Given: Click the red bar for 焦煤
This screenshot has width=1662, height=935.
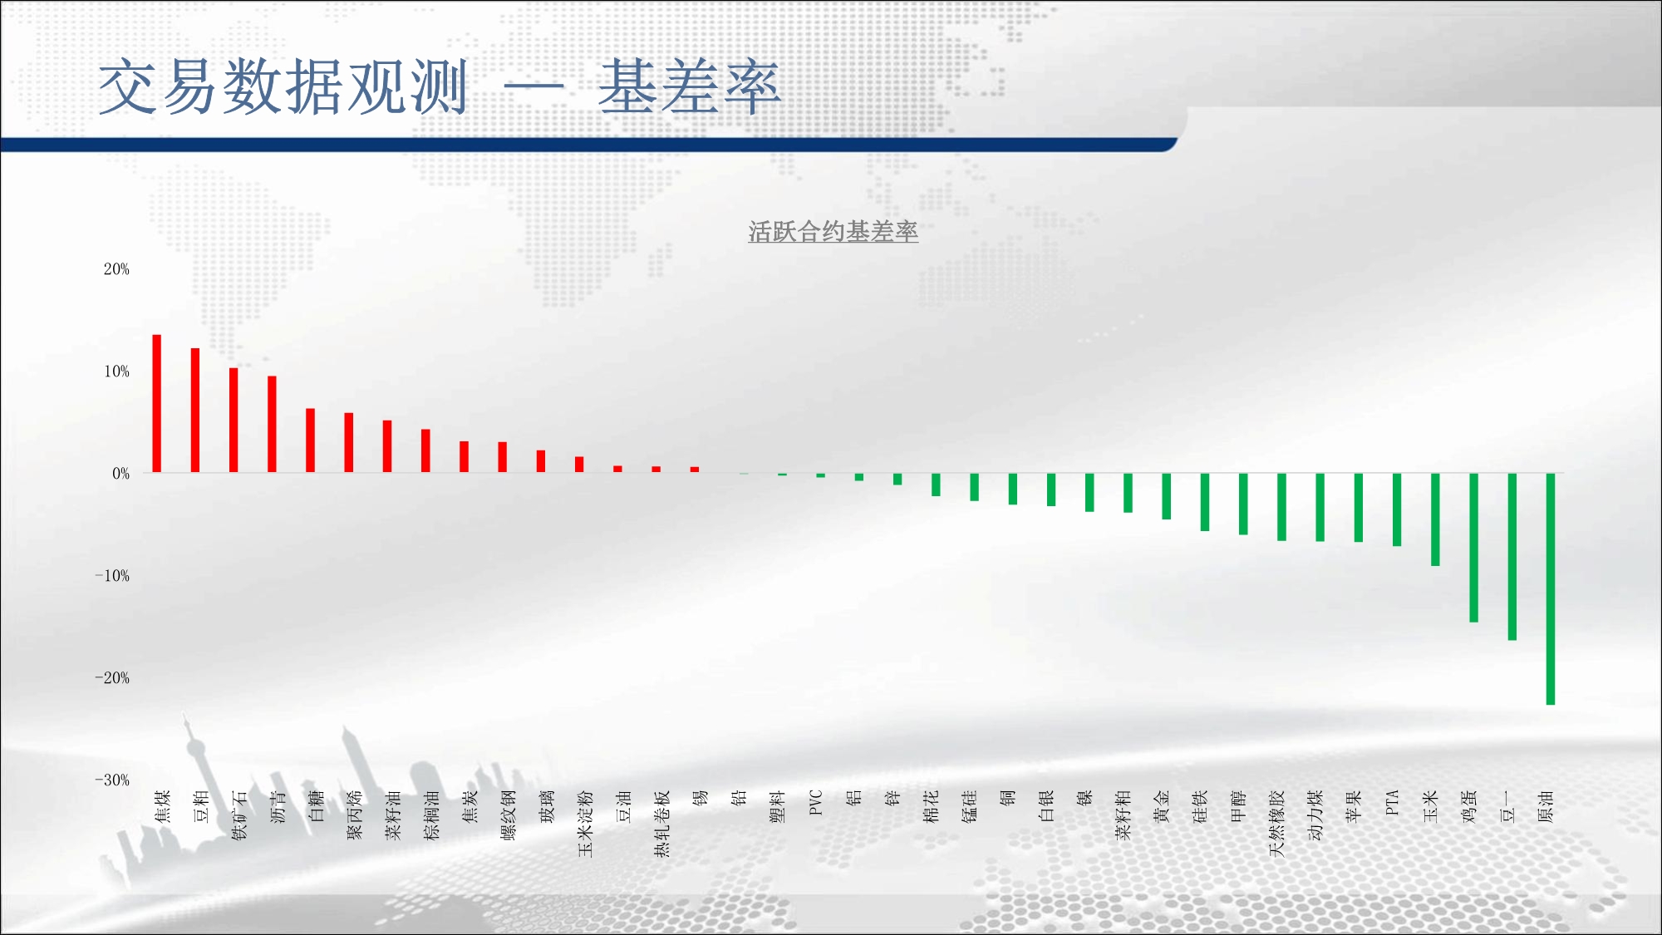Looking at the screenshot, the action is coord(156,404).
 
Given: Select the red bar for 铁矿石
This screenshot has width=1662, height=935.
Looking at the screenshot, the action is coord(234,421).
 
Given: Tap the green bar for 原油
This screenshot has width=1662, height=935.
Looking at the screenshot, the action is coord(1550,589).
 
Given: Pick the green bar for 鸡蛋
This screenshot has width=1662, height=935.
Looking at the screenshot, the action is coord(1473,548).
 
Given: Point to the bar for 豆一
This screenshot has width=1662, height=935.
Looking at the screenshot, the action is coord(1512,557).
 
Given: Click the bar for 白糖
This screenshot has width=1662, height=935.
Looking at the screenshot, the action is coord(310,440).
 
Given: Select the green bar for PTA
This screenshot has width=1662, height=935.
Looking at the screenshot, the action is coord(1397,509).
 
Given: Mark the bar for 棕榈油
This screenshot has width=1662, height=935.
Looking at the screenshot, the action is coord(425,451).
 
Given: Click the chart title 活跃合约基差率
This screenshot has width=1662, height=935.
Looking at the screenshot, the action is coord(833,232).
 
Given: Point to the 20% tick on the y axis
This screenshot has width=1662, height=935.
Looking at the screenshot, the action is coord(116,269).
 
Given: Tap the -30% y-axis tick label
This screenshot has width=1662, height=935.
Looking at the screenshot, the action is coord(112,780).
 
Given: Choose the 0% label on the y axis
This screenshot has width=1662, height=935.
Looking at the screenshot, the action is coord(121,474).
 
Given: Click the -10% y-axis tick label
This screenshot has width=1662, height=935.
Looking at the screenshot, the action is coord(112,576).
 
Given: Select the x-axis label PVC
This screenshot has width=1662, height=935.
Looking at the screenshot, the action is coord(815,803).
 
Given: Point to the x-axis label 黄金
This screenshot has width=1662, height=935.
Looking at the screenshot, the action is coord(1162,806).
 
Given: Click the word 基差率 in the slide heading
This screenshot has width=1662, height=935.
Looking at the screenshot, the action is coord(689,87).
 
